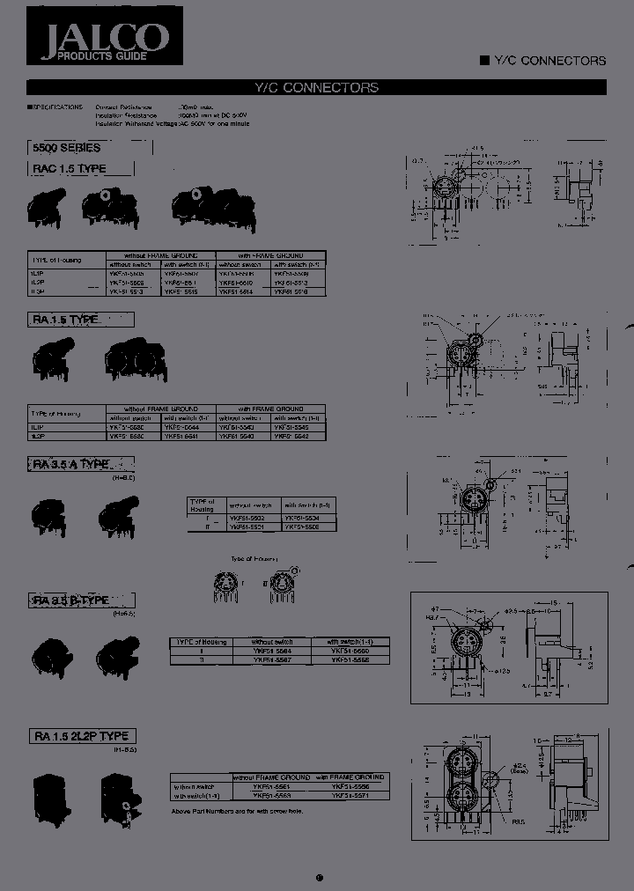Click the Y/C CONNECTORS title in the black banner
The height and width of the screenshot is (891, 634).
[316, 87]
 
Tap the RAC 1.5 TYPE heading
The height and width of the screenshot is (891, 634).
[70, 168]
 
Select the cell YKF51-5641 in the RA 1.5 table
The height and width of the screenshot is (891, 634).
[189, 436]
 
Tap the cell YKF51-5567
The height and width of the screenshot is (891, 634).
[273, 659]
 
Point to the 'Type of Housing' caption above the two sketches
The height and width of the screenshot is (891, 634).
[254, 559]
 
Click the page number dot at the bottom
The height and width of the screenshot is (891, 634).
[318, 852]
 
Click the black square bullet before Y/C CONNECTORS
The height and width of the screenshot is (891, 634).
[483, 61]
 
